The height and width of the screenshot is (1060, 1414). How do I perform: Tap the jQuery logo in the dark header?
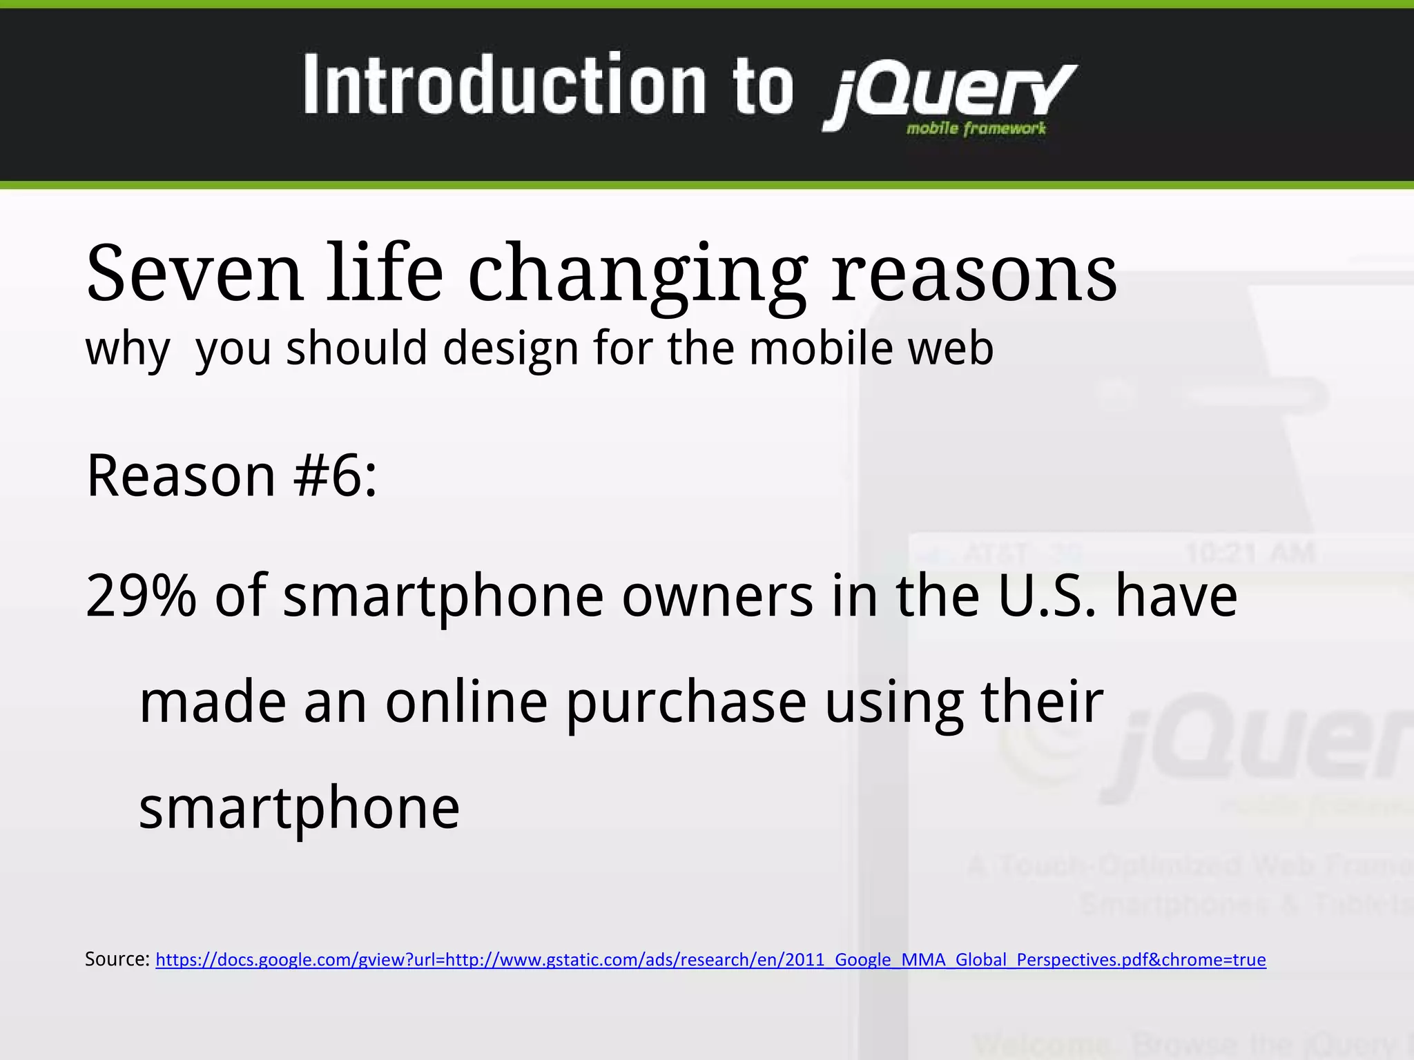pyautogui.click(x=949, y=93)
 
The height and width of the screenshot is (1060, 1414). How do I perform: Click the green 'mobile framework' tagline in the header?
pyautogui.click(x=976, y=128)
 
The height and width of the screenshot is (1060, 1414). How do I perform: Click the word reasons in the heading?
pyautogui.click(x=974, y=275)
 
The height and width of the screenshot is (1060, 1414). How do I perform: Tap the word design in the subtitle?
pyautogui.click(x=510, y=349)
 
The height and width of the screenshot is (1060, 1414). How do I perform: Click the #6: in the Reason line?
pyautogui.click(x=336, y=475)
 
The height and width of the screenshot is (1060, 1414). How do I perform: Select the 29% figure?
pyautogui.click(x=141, y=596)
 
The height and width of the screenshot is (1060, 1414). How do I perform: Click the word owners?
pyautogui.click(x=717, y=596)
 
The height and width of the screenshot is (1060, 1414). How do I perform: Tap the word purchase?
pyautogui.click(x=686, y=703)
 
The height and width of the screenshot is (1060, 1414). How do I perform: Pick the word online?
pyautogui.click(x=466, y=703)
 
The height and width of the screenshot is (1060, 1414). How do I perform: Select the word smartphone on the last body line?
pyautogui.click(x=299, y=808)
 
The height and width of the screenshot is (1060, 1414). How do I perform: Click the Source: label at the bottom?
pyautogui.click(x=117, y=959)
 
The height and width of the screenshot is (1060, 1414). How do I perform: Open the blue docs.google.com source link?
pyautogui.click(x=710, y=960)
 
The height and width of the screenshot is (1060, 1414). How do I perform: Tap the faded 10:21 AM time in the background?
pyautogui.click(x=1250, y=553)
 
